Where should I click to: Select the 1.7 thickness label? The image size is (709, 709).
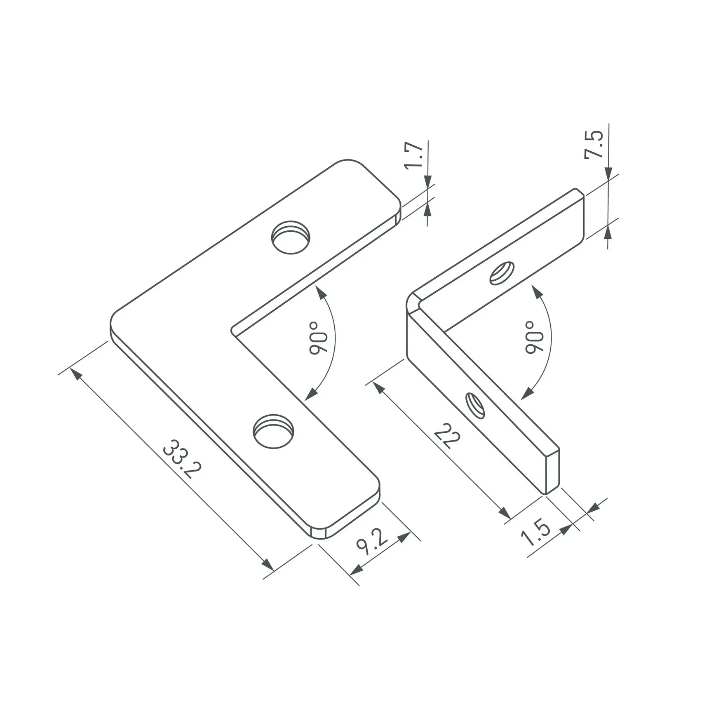pos(413,155)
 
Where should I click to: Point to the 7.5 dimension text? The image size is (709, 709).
pos(594,144)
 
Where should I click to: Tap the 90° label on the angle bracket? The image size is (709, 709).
pos(535,337)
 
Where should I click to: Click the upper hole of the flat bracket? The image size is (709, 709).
pos(291,237)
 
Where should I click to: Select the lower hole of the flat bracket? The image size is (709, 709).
pos(273,431)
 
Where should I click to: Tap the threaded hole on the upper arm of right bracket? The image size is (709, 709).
pos(502,273)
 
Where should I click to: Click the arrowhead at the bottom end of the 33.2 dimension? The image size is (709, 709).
pos(268,565)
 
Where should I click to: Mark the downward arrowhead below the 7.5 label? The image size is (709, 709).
pos(608,174)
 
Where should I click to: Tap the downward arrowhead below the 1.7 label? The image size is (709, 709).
pos(427,182)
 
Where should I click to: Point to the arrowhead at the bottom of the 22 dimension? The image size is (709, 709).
pos(505,513)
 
